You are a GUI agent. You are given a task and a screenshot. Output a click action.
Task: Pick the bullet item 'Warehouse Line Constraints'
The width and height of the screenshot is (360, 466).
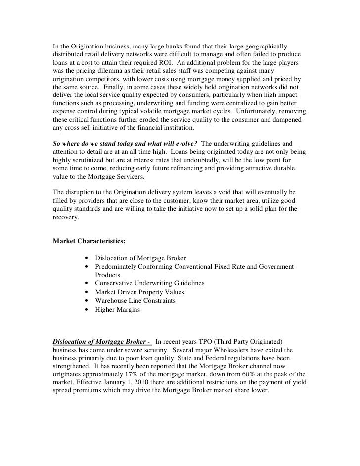coord(135,301)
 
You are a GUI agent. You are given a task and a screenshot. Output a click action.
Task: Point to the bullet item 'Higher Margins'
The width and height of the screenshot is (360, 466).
coord(118,310)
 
